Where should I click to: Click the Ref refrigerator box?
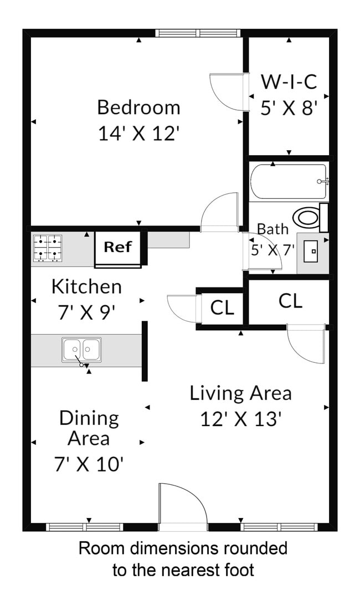click(x=117, y=247)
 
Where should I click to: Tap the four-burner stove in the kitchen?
click(x=47, y=248)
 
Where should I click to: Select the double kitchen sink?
click(x=81, y=350)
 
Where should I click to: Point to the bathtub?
click(x=288, y=181)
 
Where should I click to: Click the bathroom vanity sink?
click(x=313, y=252)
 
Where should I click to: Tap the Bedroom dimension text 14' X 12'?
click(x=138, y=133)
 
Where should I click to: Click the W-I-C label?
click(x=289, y=82)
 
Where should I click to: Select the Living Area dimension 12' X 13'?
click(x=241, y=418)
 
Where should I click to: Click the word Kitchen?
click(x=86, y=286)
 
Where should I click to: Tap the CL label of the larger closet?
click(x=290, y=301)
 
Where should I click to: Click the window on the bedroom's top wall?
click(x=199, y=33)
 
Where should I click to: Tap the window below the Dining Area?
click(x=84, y=527)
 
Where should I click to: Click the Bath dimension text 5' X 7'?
click(x=272, y=250)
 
